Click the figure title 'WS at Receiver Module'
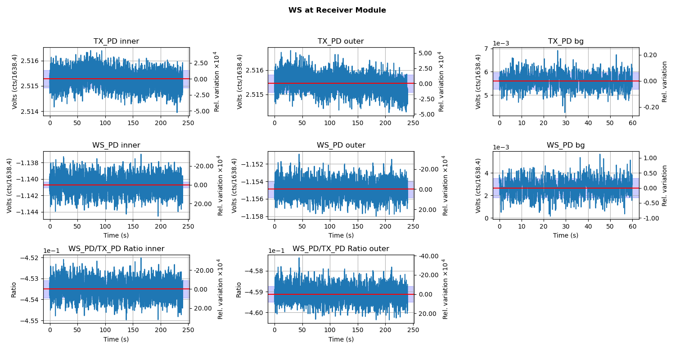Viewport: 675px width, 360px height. pyautogui.click(x=337, y=10)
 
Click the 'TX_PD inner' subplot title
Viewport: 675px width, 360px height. pyautogui.click(x=116, y=41)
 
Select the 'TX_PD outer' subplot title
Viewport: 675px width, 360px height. pyautogui.click(x=341, y=41)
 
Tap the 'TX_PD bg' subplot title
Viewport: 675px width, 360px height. pyautogui.click(x=566, y=41)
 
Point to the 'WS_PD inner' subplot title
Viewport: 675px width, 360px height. pyautogui.click(x=116, y=145)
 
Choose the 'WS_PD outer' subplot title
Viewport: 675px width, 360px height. pyautogui.click(x=341, y=145)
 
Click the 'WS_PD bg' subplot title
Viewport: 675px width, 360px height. pyautogui.click(x=566, y=145)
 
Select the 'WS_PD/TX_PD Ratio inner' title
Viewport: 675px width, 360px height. pyautogui.click(x=116, y=249)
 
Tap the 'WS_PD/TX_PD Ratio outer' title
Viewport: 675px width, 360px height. pyautogui.click(x=341, y=249)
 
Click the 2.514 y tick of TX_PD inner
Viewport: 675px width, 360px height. pyautogui.click(x=31, y=112)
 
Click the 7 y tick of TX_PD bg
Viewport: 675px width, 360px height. pyautogui.click(x=488, y=49)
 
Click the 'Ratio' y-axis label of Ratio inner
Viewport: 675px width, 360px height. pyautogui.click(x=13, y=289)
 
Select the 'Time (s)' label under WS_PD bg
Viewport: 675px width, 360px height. pyautogui.click(x=566, y=235)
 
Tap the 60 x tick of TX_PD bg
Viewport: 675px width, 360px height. pyautogui.click(x=632, y=123)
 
